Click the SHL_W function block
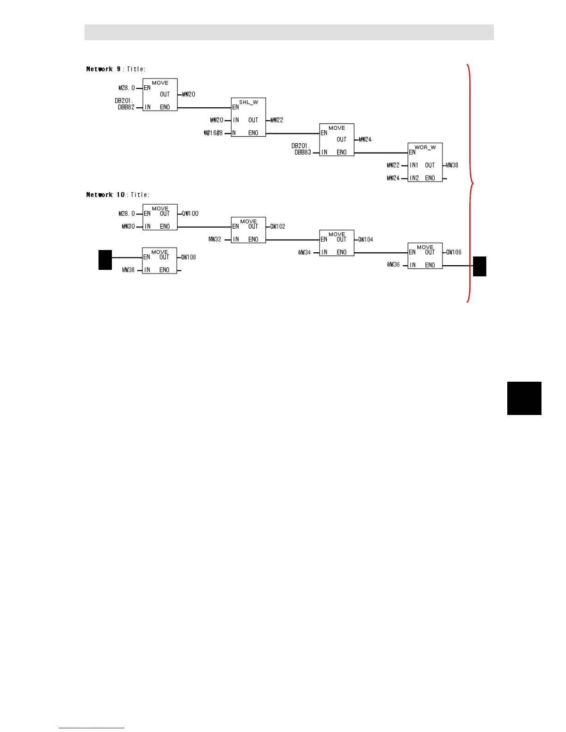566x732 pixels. tap(248, 117)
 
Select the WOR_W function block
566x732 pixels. tap(425, 162)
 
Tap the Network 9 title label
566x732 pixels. tap(116, 69)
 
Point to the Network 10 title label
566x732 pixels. tap(117, 195)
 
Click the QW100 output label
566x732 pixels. tap(190, 213)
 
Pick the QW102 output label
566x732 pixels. tap(277, 226)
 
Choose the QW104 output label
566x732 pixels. tap(365, 239)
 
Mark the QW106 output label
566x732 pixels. tap(454, 252)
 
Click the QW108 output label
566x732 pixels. tap(188, 257)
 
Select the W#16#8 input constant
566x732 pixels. tap(213, 133)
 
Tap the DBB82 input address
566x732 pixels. tap(126, 107)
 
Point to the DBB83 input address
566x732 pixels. tap(302, 152)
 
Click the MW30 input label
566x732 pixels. tap(128, 226)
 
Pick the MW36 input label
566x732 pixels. tap(393, 265)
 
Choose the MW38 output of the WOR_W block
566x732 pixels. tap(452, 165)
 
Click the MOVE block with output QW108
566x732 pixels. tap(160, 261)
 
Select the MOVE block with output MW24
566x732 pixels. tap(337, 140)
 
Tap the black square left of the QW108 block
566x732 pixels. tap(105, 259)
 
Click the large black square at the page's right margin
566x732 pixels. tap(524, 398)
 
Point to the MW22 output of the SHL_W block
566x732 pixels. tap(277, 120)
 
